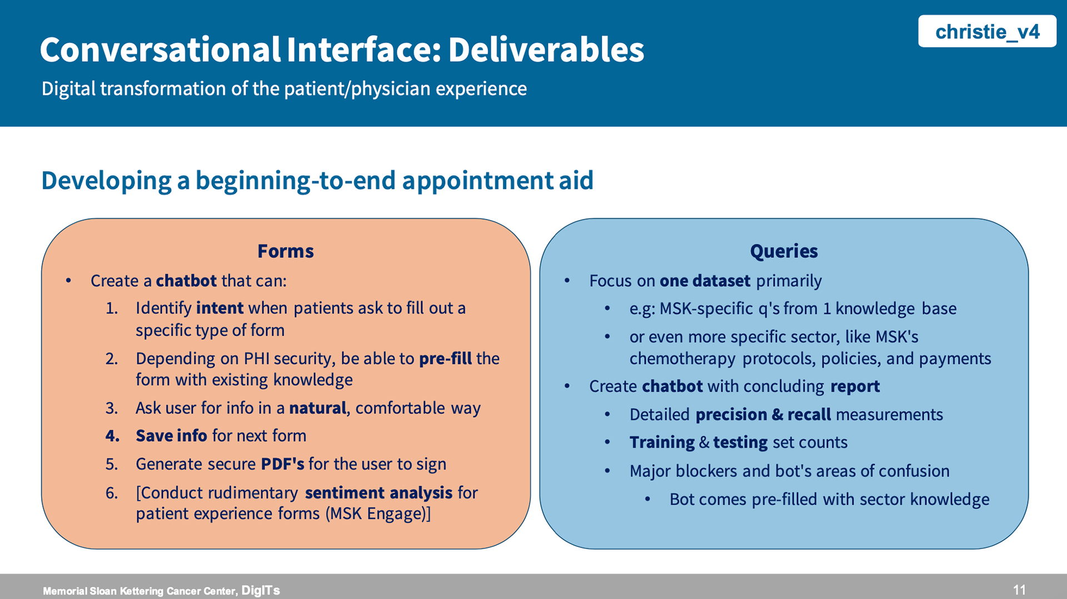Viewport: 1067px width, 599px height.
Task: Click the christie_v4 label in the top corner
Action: [987, 32]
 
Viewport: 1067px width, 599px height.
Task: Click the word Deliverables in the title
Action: [546, 50]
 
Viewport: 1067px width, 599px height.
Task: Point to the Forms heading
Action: [286, 251]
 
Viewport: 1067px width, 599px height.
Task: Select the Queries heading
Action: [784, 251]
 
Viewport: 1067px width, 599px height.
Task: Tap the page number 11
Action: [1019, 590]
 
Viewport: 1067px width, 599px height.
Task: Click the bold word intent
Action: [220, 308]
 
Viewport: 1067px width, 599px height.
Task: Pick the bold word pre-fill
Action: [445, 358]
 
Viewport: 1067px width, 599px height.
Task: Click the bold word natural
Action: [318, 408]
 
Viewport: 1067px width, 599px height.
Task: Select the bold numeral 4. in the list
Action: [112, 436]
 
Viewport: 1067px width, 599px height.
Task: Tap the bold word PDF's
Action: [282, 464]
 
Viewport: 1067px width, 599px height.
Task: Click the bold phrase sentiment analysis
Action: [378, 492]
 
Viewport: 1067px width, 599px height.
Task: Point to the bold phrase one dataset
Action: [705, 281]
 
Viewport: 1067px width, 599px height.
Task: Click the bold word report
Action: [855, 386]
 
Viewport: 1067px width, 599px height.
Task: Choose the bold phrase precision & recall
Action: [763, 415]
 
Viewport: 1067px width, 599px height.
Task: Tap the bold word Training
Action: [662, 442]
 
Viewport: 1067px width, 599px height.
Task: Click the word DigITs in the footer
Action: [261, 590]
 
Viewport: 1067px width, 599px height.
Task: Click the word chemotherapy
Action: [682, 358]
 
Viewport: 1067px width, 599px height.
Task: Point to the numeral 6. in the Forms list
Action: [112, 493]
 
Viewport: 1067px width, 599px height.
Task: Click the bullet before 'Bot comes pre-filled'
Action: [647, 499]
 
